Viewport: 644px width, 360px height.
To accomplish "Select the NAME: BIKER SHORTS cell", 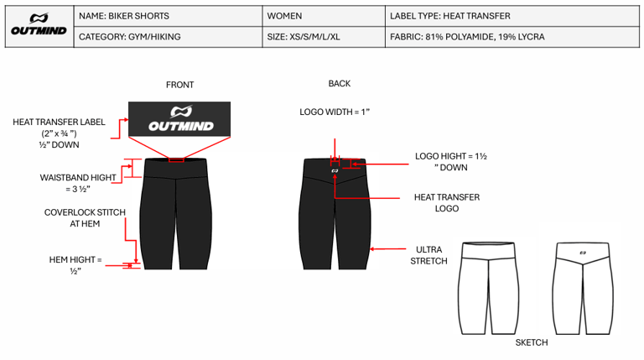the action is point(123,16).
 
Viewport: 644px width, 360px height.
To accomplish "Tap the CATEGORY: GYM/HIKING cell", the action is point(129,37).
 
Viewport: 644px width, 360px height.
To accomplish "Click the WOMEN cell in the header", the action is point(285,16).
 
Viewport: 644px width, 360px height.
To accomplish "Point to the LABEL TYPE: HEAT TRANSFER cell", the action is point(450,16).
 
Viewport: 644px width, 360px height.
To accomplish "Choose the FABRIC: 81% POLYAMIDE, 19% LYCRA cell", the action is point(467,37).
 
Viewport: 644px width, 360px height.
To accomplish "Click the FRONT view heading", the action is point(179,85).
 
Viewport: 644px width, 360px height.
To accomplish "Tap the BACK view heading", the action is point(340,84).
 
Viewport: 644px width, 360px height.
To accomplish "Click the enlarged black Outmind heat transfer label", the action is point(180,118).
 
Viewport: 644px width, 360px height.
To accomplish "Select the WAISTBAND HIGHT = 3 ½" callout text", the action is point(77,184).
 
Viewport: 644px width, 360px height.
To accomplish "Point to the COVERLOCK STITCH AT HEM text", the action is point(85,218).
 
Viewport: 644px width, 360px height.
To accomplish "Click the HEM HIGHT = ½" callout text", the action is point(75,265).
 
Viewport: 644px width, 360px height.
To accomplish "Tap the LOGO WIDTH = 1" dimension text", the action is point(335,112).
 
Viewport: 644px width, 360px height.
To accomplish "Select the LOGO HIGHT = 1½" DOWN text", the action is point(451,162).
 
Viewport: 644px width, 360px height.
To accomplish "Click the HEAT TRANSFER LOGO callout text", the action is point(447,202).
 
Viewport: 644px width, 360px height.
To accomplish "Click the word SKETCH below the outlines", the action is point(531,342).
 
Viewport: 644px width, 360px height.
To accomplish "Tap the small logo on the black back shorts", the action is point(335,170).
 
